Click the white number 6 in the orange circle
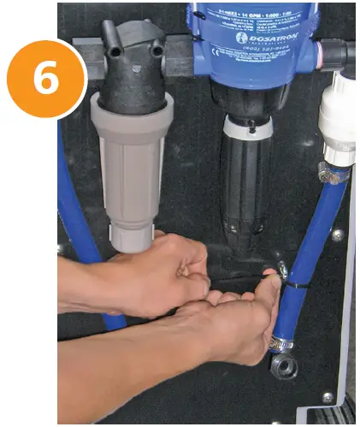46,78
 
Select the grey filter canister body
132,163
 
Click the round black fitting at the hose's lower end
284,366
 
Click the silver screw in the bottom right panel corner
328,398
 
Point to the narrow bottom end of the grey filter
129,235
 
